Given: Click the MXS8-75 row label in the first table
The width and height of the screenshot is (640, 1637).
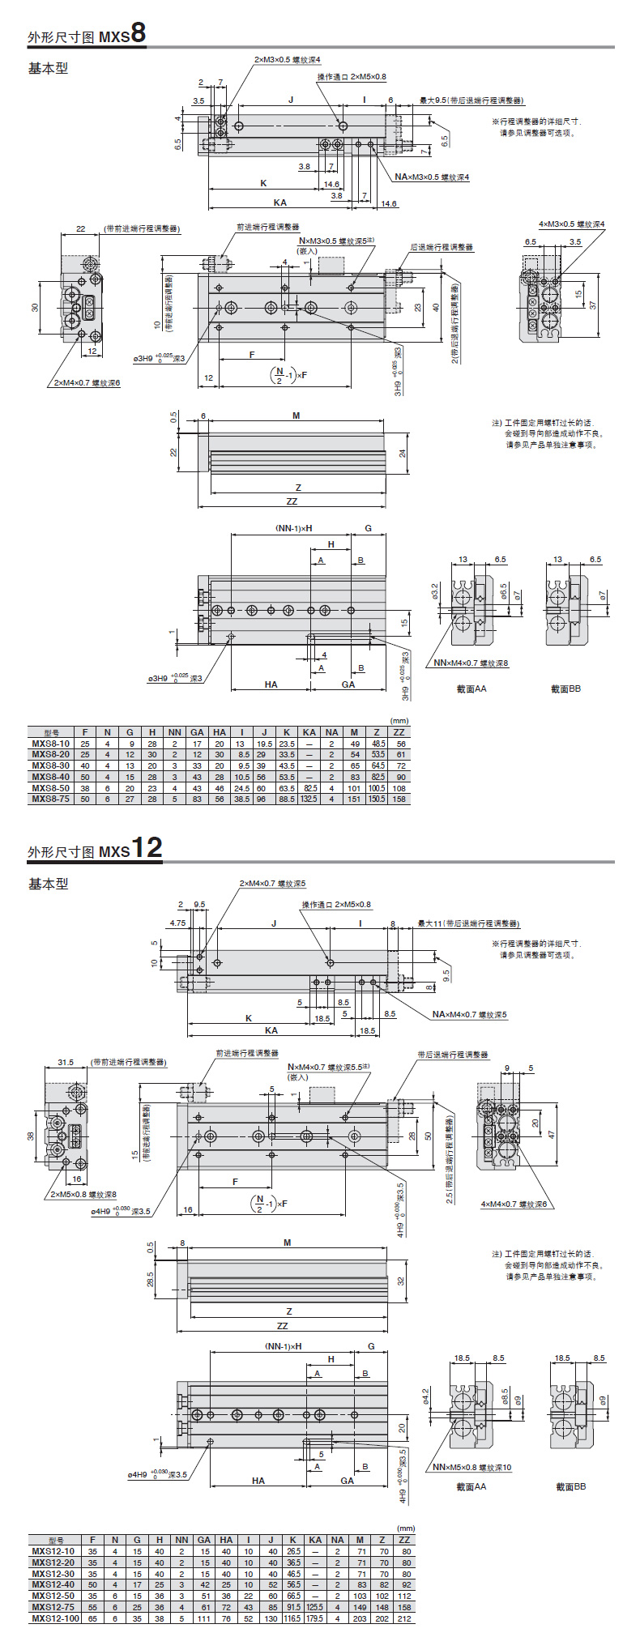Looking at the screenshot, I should [x=50, y=799].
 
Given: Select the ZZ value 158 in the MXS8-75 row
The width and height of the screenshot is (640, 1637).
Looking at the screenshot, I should [x=399, y=799].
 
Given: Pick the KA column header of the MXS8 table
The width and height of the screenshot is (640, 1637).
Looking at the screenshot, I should [x=309, y=732].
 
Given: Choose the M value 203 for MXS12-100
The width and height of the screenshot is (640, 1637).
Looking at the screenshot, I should [x=360, y=1618].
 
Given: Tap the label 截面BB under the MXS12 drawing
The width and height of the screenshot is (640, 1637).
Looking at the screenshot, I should [x=570, y=1486].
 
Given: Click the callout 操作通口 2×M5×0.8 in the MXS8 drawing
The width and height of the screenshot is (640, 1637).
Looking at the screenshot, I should [x=352, y=77].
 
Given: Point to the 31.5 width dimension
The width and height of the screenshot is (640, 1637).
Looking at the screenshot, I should [x=66, y=1062].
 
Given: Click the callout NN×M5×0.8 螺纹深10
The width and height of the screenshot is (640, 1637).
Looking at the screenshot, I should [x=471, y=1467].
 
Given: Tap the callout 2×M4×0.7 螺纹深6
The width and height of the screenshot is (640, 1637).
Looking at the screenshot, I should [x=87, y=382].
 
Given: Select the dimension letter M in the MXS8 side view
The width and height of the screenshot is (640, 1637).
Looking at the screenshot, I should [x=296, y=416].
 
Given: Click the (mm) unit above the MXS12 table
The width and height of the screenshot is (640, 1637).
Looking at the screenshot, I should [x=403, y=1528].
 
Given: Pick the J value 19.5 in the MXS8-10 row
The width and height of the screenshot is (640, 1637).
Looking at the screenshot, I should [x=264, y=744].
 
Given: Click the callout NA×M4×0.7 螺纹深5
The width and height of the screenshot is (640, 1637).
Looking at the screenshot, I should [x=469, y=1014].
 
